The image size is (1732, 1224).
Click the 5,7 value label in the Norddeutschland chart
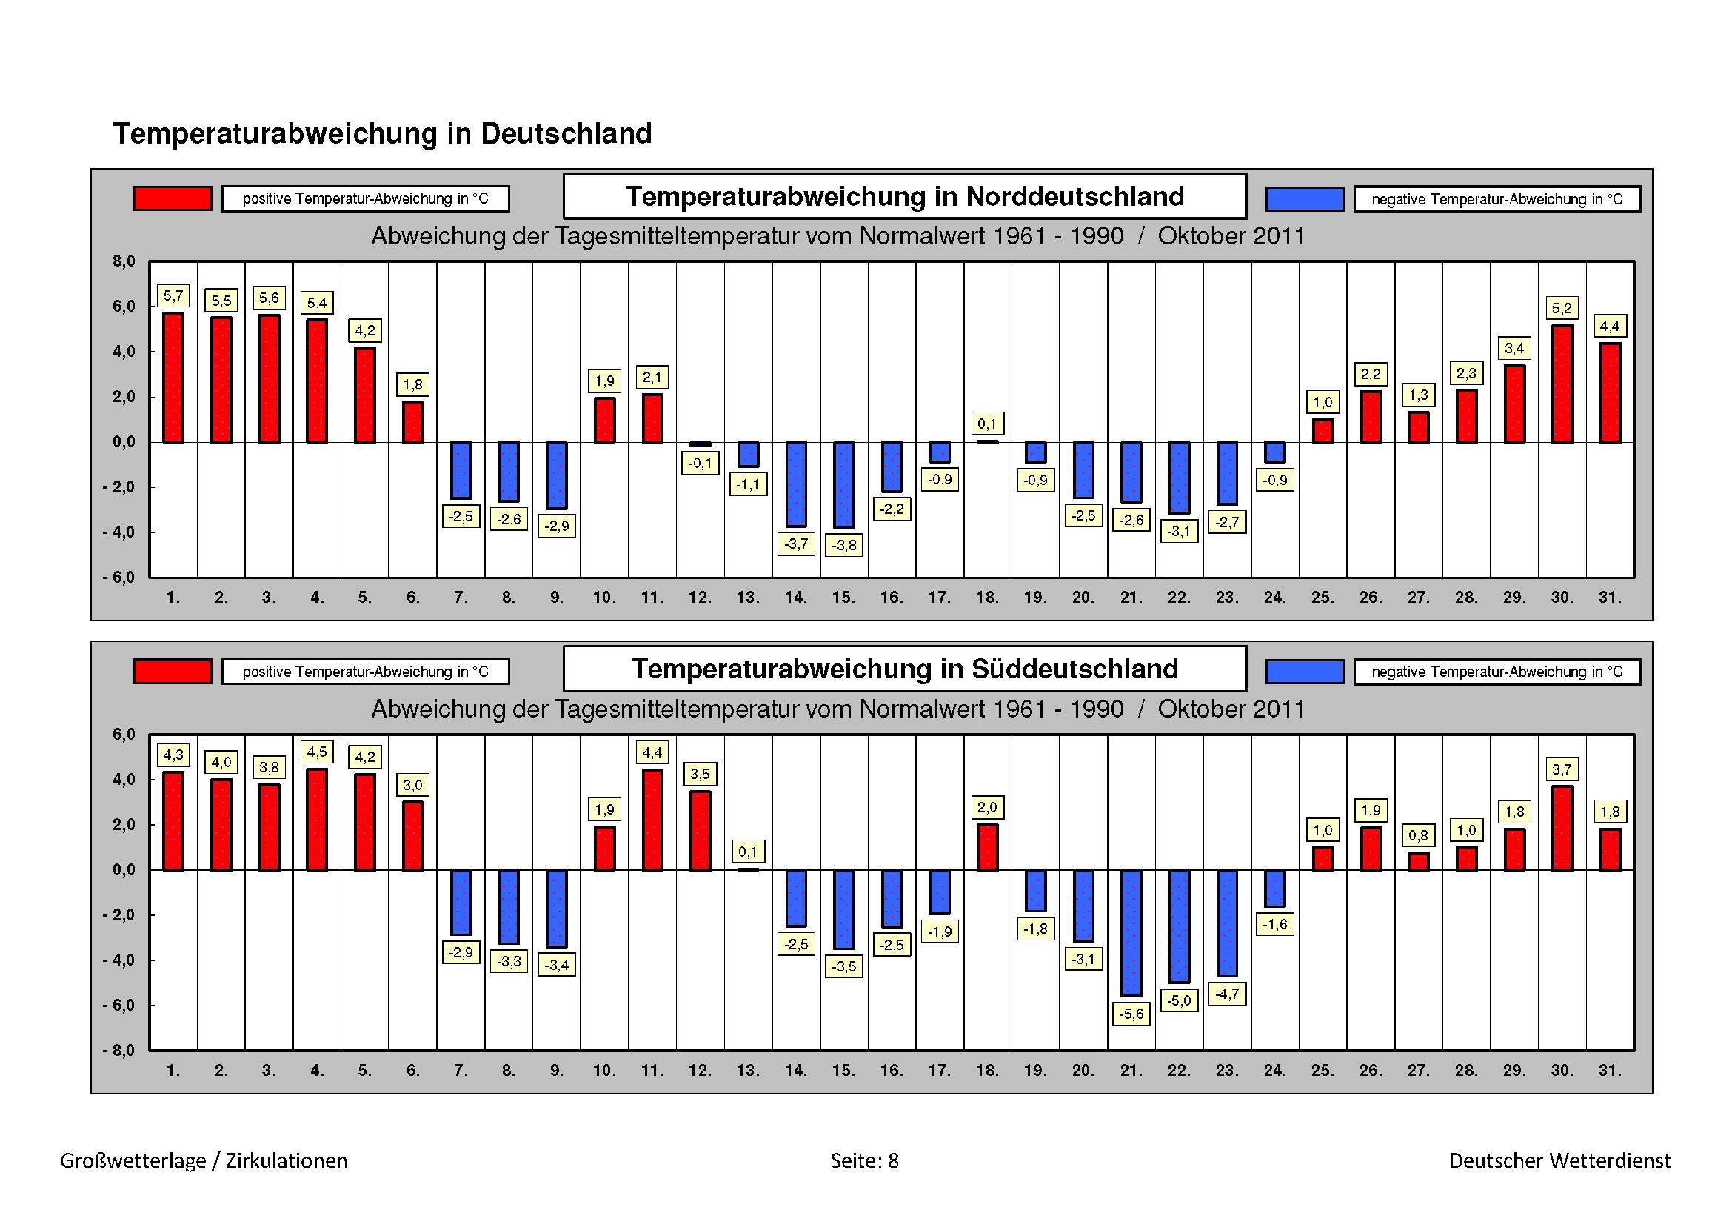click(x=173, y=295)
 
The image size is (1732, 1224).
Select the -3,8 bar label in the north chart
click(x=844, y=544)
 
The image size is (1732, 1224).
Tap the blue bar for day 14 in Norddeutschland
click(x=796, y=484)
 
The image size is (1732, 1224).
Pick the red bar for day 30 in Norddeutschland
click(x=1562, y=384)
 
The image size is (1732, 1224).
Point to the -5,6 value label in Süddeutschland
click(x=1131, y=1014)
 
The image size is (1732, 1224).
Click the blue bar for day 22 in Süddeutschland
click(x=1179, y=926)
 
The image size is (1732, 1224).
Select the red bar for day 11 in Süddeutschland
click(x=652, y=820)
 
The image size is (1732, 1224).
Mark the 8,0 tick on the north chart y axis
click(x=124, y=261)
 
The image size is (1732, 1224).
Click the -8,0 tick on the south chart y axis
click(x=119, y=1051)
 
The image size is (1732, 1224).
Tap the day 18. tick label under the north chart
click(x=986, y=598)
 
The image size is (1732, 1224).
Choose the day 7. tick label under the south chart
click(x=461, y=1070)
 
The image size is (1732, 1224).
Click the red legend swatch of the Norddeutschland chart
click(x=173, y=198)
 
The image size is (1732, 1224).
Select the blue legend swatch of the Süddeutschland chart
click(x=1304, y=671)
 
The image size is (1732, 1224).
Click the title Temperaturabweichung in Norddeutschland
click(x=904, y=196)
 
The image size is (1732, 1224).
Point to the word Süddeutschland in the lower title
click(x=1074, y=669)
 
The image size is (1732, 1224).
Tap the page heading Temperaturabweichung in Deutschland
click(x=382, y=133)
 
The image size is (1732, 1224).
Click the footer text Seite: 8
click(x=864, y=1160)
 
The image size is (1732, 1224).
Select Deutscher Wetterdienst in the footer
click(x=1559, y=1160)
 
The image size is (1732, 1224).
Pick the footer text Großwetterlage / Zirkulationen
click(x=204, y=1160)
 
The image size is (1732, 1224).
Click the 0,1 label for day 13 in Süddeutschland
click(x=748, y=852)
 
